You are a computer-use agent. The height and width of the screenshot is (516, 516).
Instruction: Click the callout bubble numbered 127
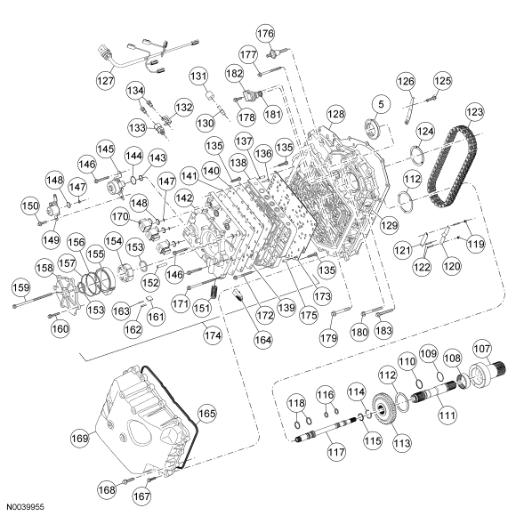[106, 79]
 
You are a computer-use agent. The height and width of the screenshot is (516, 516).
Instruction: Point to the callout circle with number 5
[380, 104]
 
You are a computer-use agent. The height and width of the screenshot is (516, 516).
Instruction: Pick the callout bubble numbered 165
[206, 413]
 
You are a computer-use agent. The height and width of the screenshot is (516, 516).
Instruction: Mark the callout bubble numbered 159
[19, 287]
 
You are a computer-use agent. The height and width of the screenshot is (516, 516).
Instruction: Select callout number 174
[211, 336]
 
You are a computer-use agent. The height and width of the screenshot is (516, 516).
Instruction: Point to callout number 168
[107, 488]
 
